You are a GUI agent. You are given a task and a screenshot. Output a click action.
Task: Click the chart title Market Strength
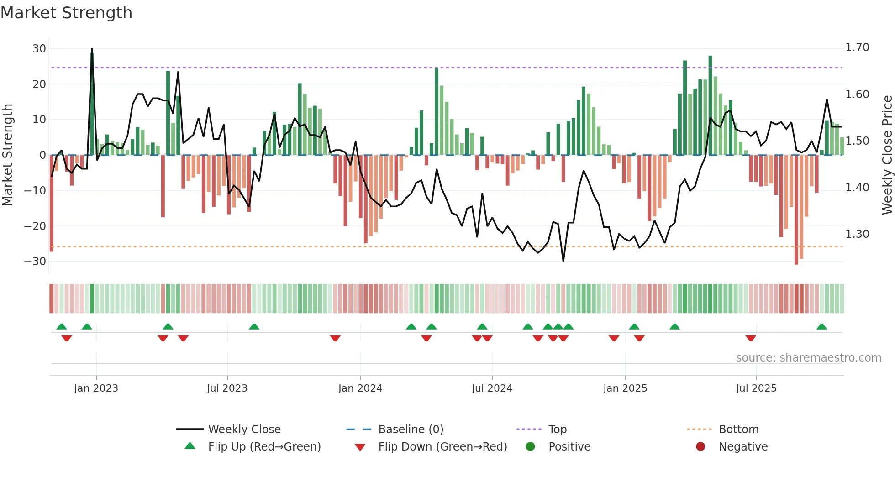[66, 13]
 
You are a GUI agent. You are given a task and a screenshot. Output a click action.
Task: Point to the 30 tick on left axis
[39, 49]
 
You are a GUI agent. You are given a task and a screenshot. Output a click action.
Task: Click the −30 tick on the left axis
[35, 262]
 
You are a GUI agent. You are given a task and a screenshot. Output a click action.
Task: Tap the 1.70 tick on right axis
[857, 47]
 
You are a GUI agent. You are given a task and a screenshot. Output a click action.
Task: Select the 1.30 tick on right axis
[857, 234]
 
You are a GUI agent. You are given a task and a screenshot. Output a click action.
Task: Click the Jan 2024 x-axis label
[360, 388]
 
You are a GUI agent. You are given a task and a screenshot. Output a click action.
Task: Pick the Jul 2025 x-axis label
[756, 388]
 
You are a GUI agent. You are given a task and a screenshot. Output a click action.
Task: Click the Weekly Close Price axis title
[887, 155]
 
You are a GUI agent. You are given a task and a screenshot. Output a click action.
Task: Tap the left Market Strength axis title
[7, 155]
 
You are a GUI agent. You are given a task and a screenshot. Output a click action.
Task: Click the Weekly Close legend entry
[244, 430]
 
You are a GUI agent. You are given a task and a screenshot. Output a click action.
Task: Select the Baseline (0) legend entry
[411, 430]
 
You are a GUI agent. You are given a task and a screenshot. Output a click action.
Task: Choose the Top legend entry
[557, 430]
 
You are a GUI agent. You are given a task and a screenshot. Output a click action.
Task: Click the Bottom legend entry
[738, 430]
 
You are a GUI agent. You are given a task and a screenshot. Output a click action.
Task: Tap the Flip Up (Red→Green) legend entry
[264, 447]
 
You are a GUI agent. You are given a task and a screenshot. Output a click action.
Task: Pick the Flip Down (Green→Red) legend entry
[442, 447]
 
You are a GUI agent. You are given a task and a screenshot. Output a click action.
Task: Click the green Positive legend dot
[530, 446]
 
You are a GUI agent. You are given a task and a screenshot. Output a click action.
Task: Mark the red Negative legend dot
[700, 446]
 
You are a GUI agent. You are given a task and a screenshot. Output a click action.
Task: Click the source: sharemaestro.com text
[808, 358]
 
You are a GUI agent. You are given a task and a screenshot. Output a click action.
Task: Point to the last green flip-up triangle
[821, 327]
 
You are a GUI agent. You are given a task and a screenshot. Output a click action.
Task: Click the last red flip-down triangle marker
[751, 338]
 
